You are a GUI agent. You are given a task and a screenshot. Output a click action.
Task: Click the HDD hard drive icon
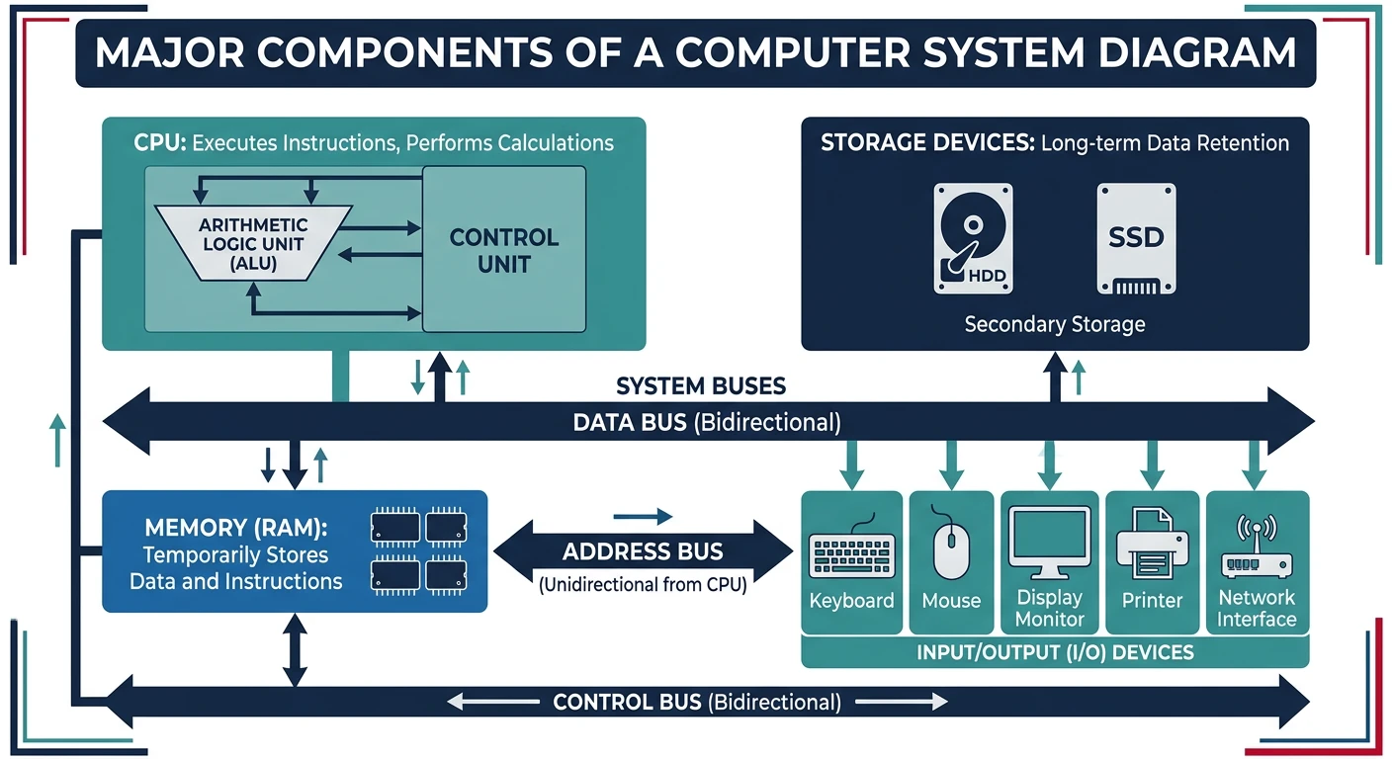tap(973, 238)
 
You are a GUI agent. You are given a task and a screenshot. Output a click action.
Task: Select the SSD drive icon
tap(1136, 238)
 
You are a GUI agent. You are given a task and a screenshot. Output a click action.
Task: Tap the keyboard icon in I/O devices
tap(851, 554)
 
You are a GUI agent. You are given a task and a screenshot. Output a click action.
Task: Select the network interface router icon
tap(1257, 549)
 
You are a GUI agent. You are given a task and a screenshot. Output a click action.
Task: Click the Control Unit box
tap(504, 250)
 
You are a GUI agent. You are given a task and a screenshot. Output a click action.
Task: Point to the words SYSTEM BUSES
tap(701, 385)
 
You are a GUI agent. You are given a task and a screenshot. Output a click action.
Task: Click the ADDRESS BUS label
tap(643, 551)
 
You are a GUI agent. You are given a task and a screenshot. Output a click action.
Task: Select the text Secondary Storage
tap(1054, 324)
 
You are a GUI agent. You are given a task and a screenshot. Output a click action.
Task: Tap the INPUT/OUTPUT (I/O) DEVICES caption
tap(1055, 652)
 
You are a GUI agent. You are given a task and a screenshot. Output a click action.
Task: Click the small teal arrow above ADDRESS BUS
tap(643, 516)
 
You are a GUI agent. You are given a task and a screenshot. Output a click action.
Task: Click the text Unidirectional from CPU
tap(643, 583)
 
